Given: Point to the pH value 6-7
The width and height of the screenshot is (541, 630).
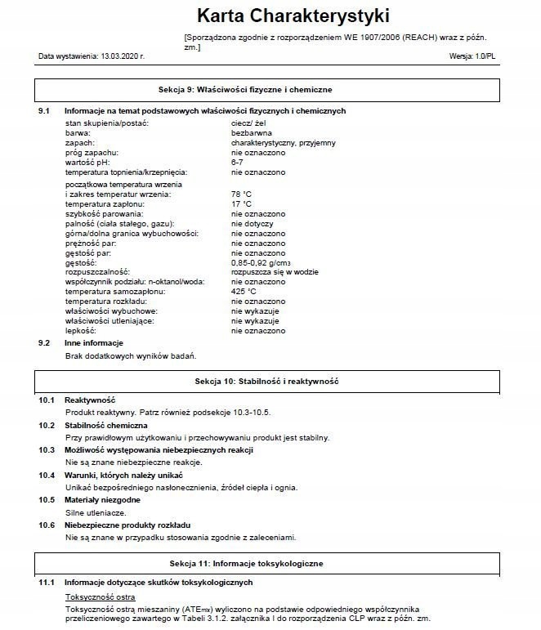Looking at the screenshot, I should pyautogui.click(x=237, y=163).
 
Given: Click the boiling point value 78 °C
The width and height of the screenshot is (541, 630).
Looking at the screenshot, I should pyautogui.click(x=241, y=194).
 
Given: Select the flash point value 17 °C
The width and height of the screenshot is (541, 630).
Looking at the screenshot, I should pyautogui.click(x=241, y=204).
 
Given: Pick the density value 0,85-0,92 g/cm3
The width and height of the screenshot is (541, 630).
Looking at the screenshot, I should pyautogui.click(x=262, y=262).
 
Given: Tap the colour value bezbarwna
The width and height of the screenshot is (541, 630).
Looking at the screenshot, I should pyautogui.click(x=252, y=132).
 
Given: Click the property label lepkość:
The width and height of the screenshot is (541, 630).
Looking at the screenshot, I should pyautogui.click(x=82, y=331).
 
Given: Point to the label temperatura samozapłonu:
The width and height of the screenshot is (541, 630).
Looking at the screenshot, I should pyautogui.click(x=115, y=292).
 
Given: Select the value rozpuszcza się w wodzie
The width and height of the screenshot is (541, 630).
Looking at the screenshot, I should pyautogui.click(x=274, y=272).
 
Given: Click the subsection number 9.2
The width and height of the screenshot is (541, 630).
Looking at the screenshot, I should pyautogui.click(x=45, y=343).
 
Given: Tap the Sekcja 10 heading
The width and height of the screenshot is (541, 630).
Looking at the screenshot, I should pyautogui.click(x=266, y=382).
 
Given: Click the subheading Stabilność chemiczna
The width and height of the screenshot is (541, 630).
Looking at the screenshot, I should pyautogui.click(x=106, y=426).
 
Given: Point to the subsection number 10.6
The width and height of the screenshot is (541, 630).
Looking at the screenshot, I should pyautogui.click(x=47, y=525).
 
